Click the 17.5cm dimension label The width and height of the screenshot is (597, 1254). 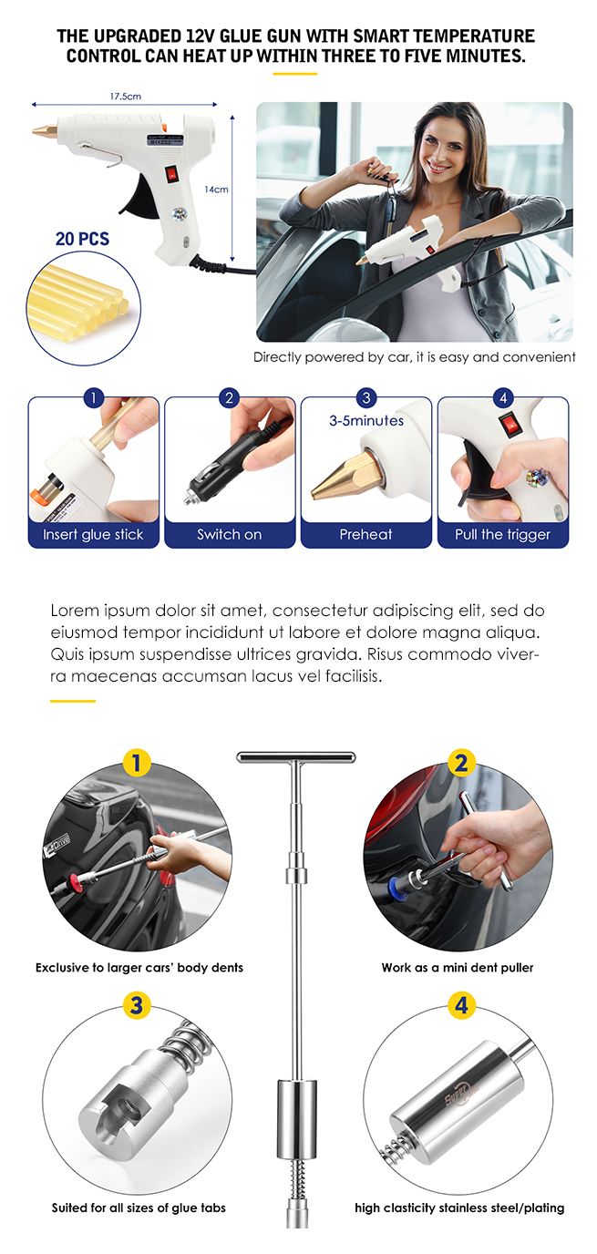[125, 96]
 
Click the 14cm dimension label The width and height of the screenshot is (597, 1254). [215, 190]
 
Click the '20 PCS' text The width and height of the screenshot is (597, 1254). [82, 239]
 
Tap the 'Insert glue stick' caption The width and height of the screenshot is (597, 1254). [93, 534]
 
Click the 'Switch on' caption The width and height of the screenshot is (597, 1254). [230, 534]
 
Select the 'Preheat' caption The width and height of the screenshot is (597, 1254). [365, 534]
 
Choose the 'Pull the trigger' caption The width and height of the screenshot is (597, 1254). [503, 534]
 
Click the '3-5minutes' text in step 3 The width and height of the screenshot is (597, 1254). [365, 421]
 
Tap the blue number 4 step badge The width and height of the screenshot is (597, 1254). [503, 397]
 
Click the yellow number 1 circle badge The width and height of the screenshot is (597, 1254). [137, 762]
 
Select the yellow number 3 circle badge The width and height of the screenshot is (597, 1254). [137, 1006]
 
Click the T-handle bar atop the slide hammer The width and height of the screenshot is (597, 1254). [296, 757]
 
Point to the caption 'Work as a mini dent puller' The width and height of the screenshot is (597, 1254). [458, 967]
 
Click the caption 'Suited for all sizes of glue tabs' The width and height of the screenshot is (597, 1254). [139, 1208]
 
